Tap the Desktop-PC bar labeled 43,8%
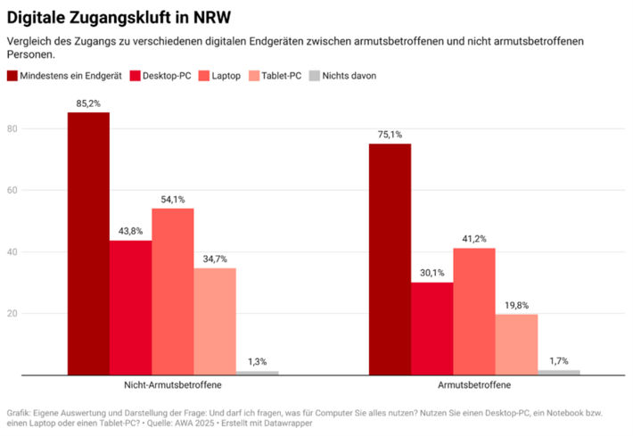pyautogui.click(x=130, y=308)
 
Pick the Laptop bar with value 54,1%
pyautogui.click(x=173, y=292)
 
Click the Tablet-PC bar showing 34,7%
pyautogui.click(x=215, y=321)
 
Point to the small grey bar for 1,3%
pyautogui.click(x=257, y=373)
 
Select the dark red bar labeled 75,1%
pyautogui.click(x=390, y=259)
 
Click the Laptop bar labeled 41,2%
pyautogui.click(x=474, y=311)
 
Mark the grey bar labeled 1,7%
pyautogui.click(x=559, y=372)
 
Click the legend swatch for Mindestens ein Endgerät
pyautogui.click(x=12, y=76)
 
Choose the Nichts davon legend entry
pyautogui.click(x=349, y=76)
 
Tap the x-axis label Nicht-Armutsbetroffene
pyautogui.click(x=173, y=386)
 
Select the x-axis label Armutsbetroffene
pyautogui.click(x=474, y=386)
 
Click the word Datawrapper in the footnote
pyautogui.click(x=288, y=423)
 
